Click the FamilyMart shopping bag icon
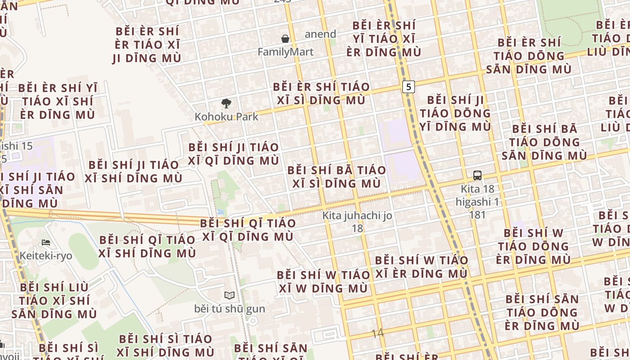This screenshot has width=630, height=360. (285, 39)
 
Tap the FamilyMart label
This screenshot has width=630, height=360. (285, 52)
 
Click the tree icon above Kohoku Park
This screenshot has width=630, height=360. (226, 103)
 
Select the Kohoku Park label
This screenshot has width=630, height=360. (226, 117)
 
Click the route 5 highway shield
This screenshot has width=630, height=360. (408, 87)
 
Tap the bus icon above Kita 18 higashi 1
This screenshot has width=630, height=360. (477, 175)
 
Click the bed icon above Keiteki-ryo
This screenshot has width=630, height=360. (46, 243)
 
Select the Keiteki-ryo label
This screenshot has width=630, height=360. (46, 256)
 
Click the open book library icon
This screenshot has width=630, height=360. (229, 295)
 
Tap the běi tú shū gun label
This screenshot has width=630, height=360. (229, 309)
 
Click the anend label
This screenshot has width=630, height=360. (320, 34)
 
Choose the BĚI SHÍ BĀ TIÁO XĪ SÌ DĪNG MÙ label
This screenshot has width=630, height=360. (337, 177)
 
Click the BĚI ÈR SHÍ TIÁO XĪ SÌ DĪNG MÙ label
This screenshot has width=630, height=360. (321, 94)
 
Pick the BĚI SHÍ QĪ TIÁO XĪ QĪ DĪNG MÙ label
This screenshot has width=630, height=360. (248, 230)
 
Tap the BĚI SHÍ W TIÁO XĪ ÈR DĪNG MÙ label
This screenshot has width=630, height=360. (422, 267)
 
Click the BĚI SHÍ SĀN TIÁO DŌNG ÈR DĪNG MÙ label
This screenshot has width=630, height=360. (542, 312)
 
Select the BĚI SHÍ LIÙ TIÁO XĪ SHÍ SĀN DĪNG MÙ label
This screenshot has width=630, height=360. (54, 300)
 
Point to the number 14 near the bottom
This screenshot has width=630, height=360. (378, 333)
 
